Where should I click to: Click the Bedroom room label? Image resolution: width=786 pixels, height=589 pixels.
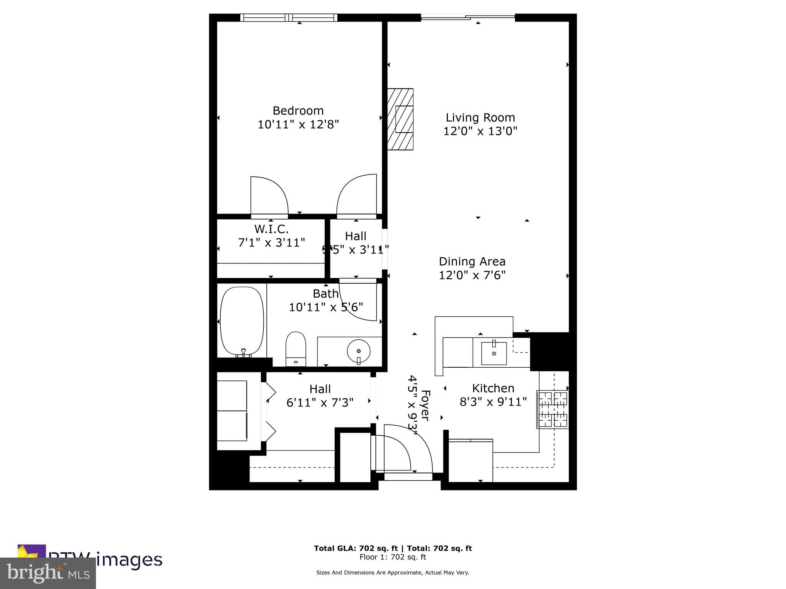pos(298,111)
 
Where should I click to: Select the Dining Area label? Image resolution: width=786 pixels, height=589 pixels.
pos(472,262)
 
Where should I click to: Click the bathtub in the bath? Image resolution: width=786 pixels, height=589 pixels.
pos(242,321)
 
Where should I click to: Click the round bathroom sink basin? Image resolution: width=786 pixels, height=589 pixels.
pos(358,350)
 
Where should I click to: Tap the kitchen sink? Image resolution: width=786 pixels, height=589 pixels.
pos(494,353)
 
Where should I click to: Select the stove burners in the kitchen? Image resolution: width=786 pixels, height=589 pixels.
pos(553,409)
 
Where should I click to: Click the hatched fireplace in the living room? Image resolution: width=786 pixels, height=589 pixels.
pos(400,119)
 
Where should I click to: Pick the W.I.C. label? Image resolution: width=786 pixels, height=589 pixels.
pos(271,229)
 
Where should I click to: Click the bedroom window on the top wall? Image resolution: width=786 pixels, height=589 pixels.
pos(289,18)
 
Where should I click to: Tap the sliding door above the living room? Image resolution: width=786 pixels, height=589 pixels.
pos(468,17)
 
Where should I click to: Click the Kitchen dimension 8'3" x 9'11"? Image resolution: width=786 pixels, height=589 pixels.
pos(493,402)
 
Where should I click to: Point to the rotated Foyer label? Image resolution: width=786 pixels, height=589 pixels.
pos(426,405)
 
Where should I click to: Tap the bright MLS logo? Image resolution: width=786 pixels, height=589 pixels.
pos(48,573)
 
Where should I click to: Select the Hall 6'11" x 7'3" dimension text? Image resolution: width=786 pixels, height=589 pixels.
pos(320,403)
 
